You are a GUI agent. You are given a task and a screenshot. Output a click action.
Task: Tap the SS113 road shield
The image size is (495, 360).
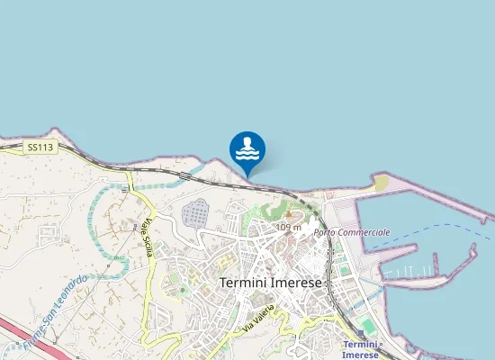39,146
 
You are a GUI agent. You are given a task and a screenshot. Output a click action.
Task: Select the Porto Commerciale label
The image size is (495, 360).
352,232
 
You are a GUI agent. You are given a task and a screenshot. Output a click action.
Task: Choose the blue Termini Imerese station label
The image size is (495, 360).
362,349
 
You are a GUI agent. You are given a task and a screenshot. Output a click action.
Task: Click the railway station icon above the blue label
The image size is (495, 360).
360,334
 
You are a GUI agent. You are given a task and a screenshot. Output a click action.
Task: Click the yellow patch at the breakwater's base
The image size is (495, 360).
382,182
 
